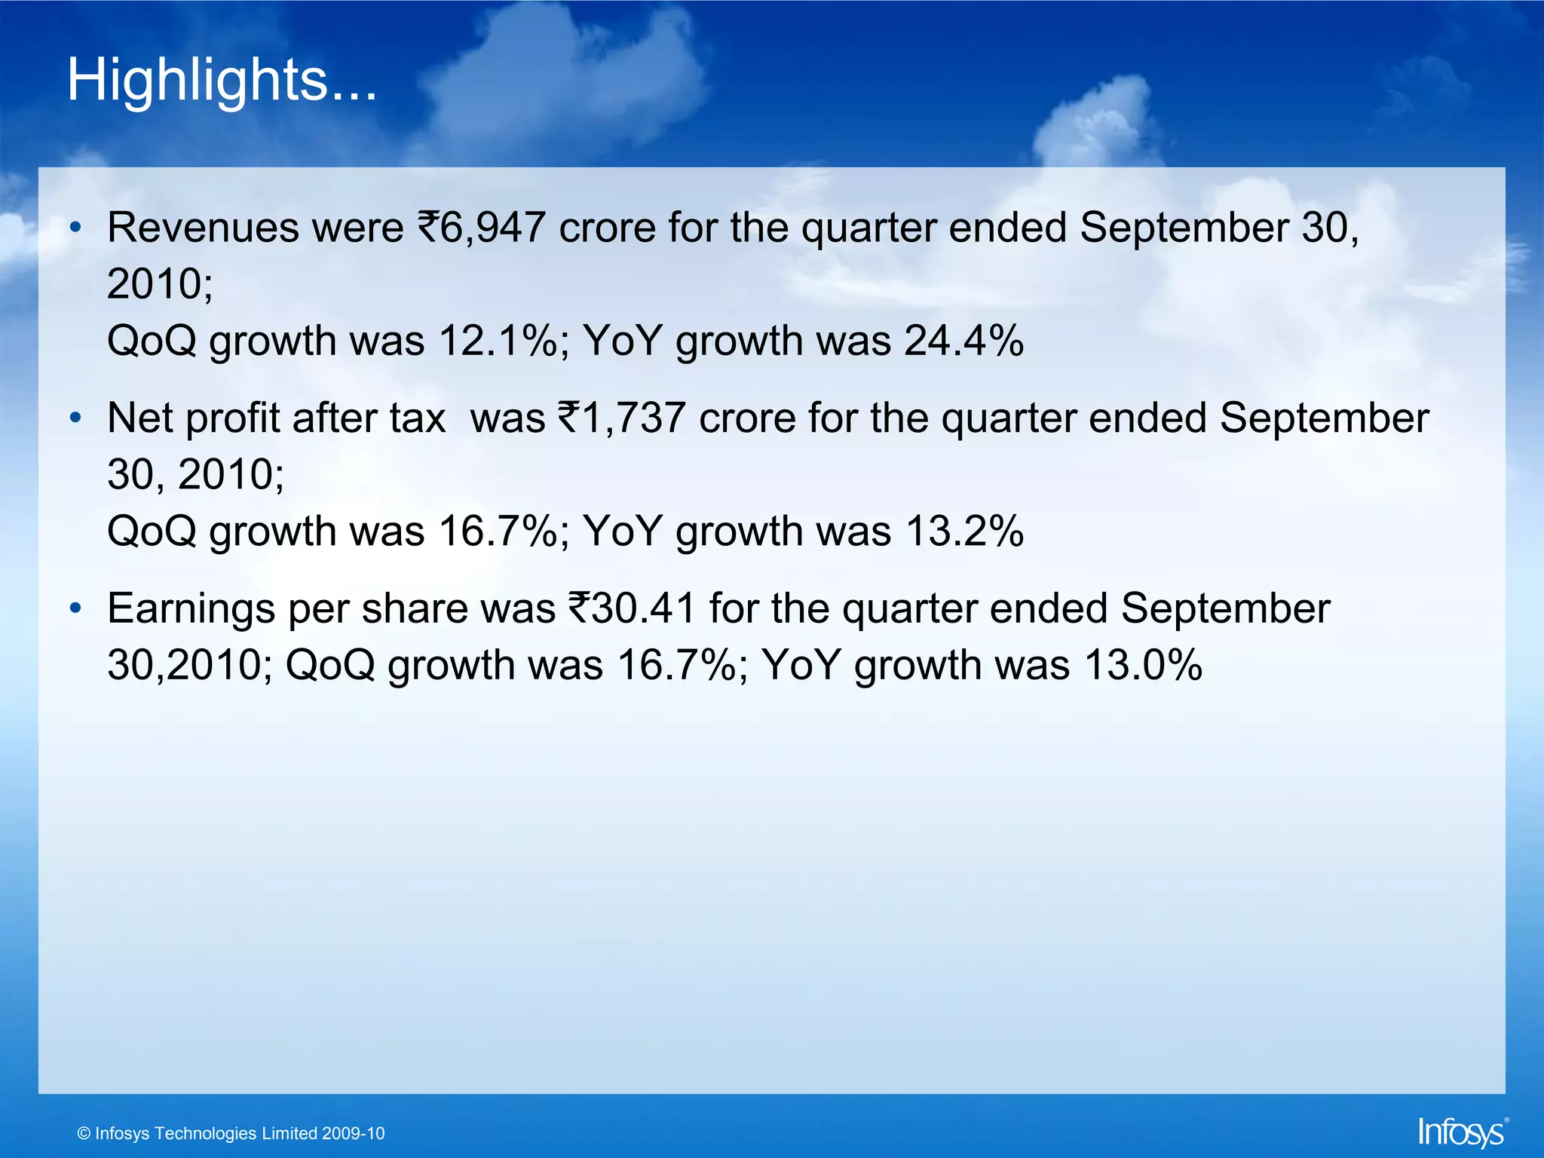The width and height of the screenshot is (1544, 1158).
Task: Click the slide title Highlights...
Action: pyautogui.click(x=221, y=80)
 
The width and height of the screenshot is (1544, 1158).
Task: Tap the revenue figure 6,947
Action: pyautogui.click(x=492, y=227)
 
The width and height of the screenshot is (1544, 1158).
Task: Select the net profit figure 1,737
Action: pyautogui.click(x=633, y=418)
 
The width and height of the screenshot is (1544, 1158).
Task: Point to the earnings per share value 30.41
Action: pyautogui.click(x=642, y=608)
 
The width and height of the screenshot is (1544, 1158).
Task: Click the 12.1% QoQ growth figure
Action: pyautogui.click(x=504, y=341)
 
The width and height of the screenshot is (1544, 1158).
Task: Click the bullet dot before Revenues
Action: pyautogui.click(x=75, y=227)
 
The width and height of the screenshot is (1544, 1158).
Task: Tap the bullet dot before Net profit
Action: pyautogui.click(x=75, y=418)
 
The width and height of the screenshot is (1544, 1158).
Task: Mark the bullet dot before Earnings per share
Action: pyautogui.click(x=75, y=608)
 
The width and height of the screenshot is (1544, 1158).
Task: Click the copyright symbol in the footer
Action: pyautogui.click(x=84, y=1134)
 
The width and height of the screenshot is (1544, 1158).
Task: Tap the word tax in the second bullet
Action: pyautogui.click(x=418, y=418)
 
